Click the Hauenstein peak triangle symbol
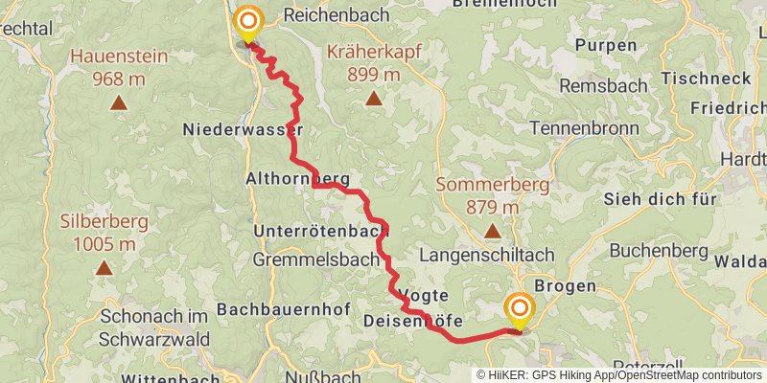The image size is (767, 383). pos(118,102)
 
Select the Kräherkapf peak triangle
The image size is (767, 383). pos(372,96)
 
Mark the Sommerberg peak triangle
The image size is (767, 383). pos(492,230)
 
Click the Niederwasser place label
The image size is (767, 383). pos(244,129)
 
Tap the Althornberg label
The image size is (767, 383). pos(297,178)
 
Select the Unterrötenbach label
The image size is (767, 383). pos(321,231)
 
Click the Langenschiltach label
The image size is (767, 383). pos(487,254)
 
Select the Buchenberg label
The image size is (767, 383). pos(657,250)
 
